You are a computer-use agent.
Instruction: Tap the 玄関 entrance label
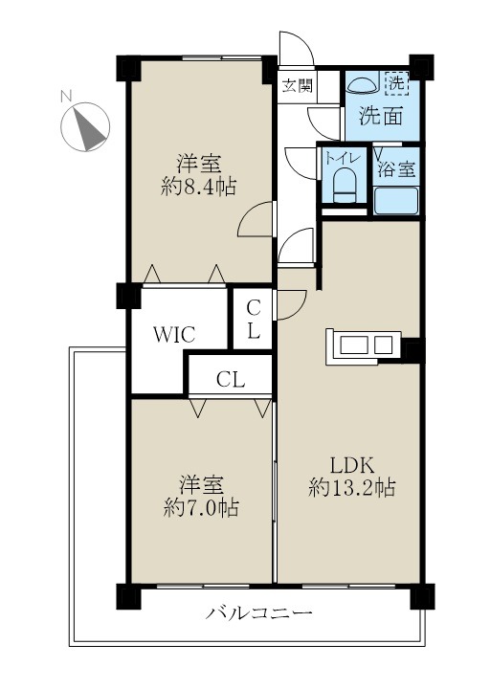click(x=297, y=85)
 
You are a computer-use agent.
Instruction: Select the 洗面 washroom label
click(x=380, y=117)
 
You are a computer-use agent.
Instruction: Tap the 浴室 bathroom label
click(x=395, y=169)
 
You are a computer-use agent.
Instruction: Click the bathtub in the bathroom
click(x=395, y=201)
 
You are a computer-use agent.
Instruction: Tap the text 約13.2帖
click(x=351, y=488)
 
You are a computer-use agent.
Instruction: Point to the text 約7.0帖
click(x=199, y=506)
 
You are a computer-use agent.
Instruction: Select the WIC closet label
click(x=176, y=335)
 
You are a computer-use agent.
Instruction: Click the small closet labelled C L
click(x=254, y=321)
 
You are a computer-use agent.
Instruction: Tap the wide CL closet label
click(x=230, y=379)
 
